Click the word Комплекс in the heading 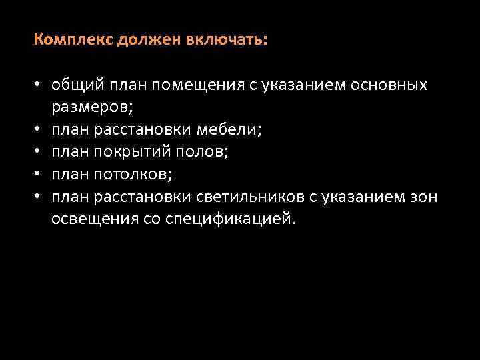click(x=74, y=40)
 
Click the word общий click(x=74, y=85)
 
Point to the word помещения click(x=193, y=85)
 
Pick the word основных click(x=391, y=85)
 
